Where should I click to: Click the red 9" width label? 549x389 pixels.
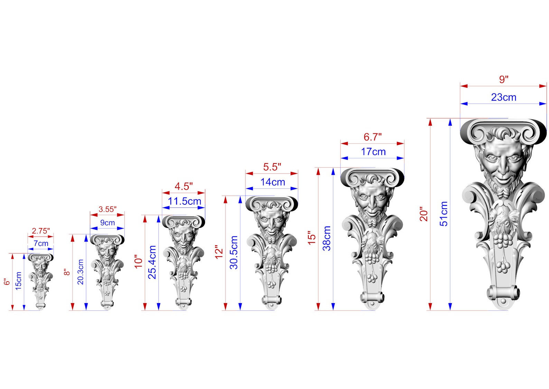[x=504, y=79]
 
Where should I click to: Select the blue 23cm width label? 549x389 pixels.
[x=504, y=97]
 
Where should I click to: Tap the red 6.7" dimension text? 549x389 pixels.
[x=373, y=137]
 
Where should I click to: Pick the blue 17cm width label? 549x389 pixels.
[x=373, y=152]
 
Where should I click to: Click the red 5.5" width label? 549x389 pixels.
[x=272, y=167]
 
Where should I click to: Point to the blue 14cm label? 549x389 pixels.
[x=272, y=182]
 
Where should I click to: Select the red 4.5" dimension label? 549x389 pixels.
[x=184, y=186]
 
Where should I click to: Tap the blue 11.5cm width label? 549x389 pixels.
[x=184, y=201]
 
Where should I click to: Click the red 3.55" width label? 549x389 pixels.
[x=108, y=209]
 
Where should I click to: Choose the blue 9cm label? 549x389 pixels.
[x=108, y=223]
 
